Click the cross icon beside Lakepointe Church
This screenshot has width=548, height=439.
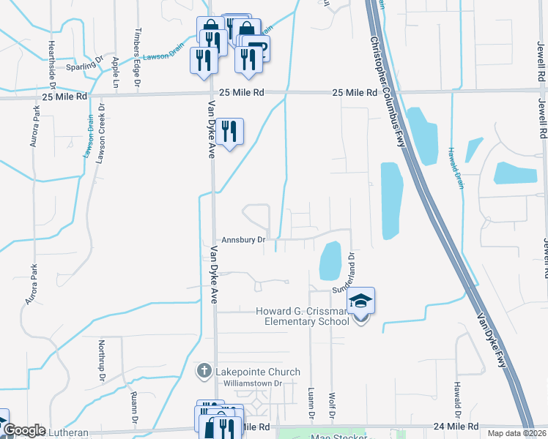204,372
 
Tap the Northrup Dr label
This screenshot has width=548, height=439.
103,356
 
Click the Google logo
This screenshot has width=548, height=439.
24,430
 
